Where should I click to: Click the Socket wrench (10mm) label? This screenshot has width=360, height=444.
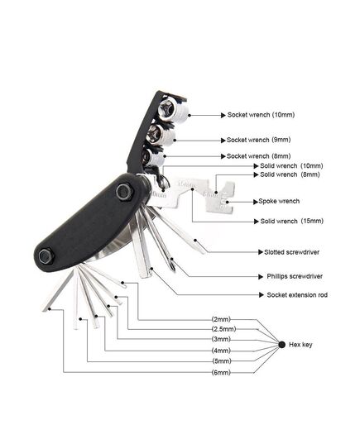[261, 115]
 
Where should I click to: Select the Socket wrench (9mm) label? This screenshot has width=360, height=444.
[258, 140]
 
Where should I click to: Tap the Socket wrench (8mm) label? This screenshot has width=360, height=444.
[258, 156]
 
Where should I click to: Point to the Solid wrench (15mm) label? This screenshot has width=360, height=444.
[291, 221]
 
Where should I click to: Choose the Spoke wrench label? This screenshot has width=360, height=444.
[279, 201]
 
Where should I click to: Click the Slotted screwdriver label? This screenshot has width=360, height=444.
[291, 252]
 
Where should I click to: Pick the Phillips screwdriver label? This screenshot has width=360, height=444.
[295, 276]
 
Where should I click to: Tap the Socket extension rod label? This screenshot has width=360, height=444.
[297, 295]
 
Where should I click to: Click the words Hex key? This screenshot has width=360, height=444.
[300, 345]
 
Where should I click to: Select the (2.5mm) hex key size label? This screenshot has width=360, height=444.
[223, 329]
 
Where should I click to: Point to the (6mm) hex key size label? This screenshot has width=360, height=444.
[222, 372]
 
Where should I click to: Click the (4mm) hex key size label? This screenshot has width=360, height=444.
[222, 351]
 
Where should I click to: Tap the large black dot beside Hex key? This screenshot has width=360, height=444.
[281, 345]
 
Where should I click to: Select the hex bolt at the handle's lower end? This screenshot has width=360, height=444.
[46, 256]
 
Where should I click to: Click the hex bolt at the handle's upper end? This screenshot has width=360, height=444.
[125, 192]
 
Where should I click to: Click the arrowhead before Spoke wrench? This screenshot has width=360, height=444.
[256, 202]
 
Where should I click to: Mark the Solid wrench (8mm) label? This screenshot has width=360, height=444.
[290, 174]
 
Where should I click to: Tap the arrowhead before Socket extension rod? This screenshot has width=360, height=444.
[262, 295]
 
